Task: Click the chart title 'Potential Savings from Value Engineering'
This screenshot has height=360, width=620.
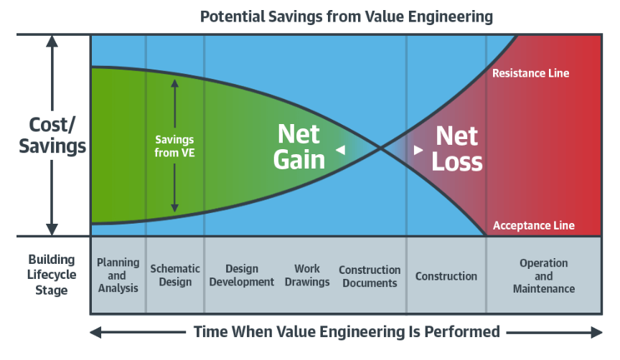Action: coord(346,16)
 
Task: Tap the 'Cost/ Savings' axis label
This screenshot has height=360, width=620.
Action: coord(52,135)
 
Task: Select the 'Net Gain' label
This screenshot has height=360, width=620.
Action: coord(299,146)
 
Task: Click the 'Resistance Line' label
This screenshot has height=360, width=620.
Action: coord(530,73)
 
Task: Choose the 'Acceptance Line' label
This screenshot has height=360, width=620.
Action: coord(533,226)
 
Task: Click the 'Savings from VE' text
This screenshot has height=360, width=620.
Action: coord(174,146)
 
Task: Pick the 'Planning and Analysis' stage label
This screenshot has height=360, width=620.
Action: coord(118,275)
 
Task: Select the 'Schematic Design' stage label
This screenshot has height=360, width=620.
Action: coord(175,275)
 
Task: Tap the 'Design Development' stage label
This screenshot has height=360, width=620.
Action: coord(242,275)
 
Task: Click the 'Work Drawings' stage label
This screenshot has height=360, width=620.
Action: coord(307,275)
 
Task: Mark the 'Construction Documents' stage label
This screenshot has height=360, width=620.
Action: coord(370,276)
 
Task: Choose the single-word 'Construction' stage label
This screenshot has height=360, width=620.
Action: coord(446,276)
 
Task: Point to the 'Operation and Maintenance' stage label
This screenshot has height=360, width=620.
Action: coord(543,276)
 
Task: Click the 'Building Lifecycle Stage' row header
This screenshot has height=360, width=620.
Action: coord(47,275)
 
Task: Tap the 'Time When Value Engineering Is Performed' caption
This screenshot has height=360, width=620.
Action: coord(347,332)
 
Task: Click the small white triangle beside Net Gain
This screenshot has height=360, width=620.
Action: coord(341,150)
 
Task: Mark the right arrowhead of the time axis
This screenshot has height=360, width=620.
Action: coord(597,332)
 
